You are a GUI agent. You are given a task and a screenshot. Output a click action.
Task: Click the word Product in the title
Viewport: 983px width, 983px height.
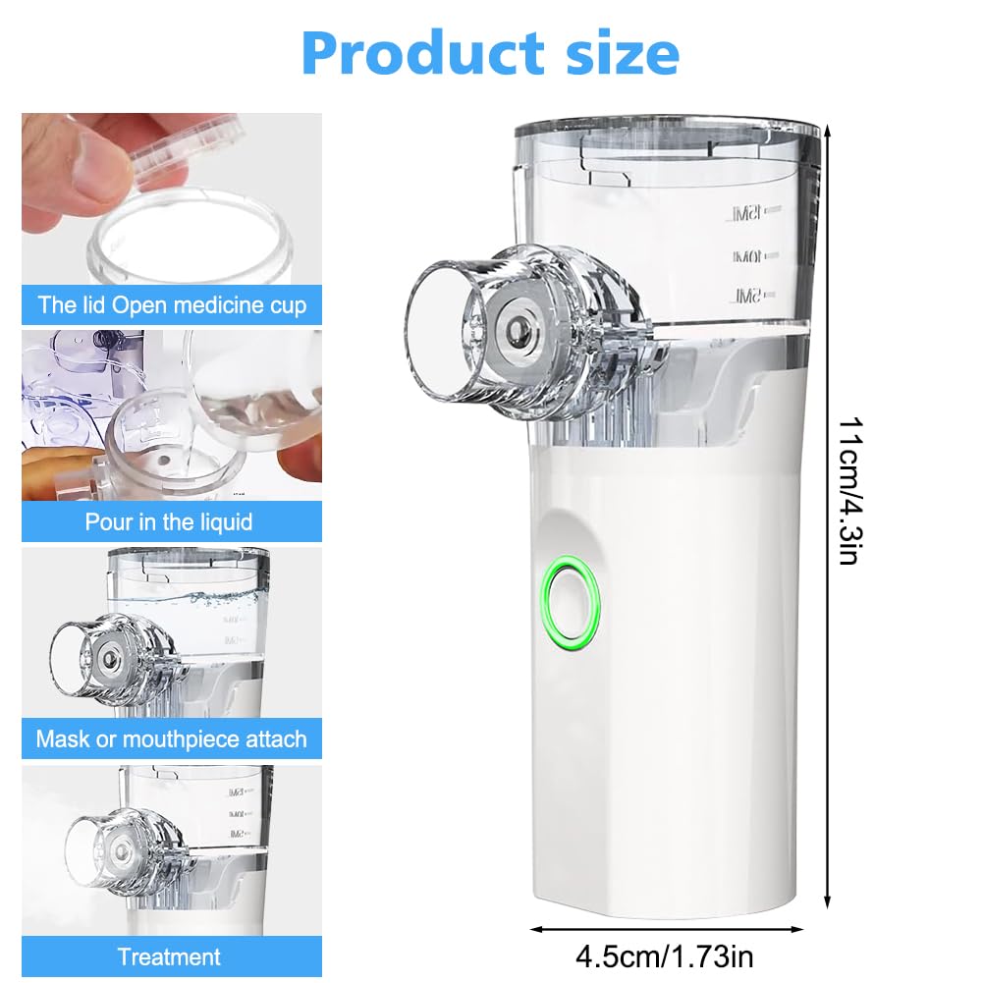point(422,53)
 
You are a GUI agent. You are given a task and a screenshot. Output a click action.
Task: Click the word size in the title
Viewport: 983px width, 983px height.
point(622,53)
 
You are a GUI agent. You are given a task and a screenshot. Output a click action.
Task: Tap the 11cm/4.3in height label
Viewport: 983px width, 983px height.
point(851,491)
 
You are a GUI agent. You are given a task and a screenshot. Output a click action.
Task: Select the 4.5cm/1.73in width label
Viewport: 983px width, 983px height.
point(664,956)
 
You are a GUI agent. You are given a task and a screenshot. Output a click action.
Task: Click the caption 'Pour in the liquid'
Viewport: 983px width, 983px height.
point(169,521)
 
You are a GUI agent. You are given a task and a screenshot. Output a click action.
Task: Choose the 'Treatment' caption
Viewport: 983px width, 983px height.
point(169,956)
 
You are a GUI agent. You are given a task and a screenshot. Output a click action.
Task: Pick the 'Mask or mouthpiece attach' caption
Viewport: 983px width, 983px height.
point(171,738)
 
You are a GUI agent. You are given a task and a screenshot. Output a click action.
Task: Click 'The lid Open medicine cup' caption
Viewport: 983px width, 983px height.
point(172,304)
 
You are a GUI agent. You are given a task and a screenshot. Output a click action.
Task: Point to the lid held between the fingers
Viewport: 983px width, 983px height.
point(189,150)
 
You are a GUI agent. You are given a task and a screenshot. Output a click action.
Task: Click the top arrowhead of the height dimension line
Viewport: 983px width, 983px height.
point(827,131)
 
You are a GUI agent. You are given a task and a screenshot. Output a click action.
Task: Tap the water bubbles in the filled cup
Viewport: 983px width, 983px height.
point(219,599)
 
